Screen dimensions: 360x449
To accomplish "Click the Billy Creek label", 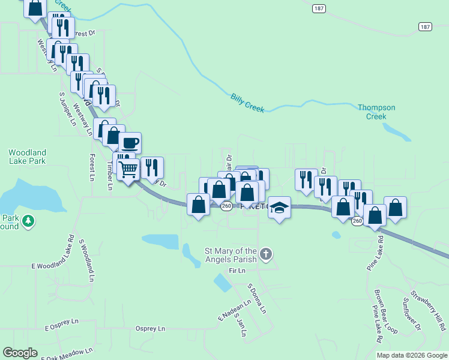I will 248,101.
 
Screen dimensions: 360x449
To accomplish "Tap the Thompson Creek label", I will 376,112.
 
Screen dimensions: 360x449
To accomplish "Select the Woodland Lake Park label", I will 27,157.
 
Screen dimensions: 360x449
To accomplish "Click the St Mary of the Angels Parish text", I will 231,255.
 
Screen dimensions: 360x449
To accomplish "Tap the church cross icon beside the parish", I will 267,254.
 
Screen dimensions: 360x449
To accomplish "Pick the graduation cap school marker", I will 279,207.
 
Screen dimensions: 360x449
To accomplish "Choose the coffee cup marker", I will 130,143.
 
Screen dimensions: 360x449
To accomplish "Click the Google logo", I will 20,353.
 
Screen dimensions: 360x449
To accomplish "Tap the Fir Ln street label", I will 238,271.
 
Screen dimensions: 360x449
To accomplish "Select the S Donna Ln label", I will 256,299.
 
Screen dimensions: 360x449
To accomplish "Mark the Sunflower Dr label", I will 412,315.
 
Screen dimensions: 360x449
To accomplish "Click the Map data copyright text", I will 411,355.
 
